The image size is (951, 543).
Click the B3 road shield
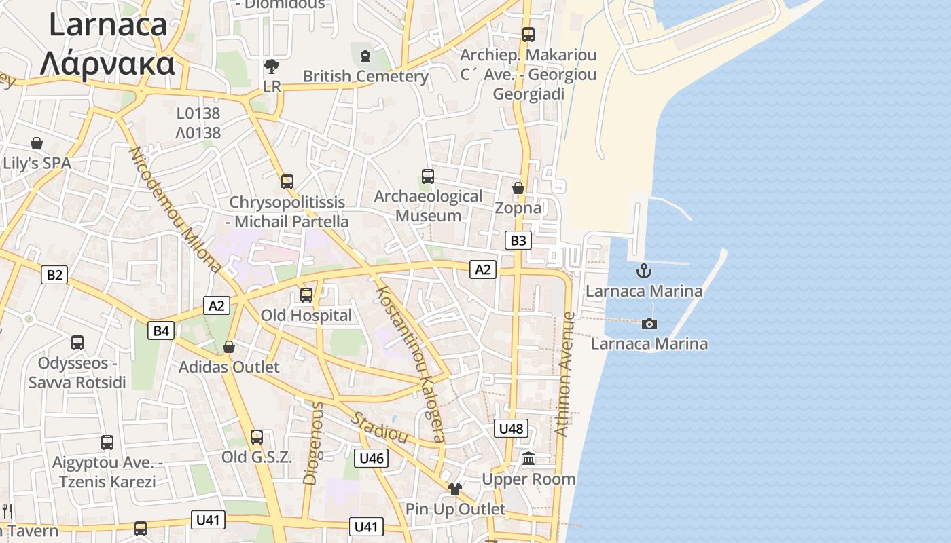coord(518,240)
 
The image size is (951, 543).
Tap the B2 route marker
coord(54,275)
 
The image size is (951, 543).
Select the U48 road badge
coord(511,428)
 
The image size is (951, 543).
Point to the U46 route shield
coord(372,458)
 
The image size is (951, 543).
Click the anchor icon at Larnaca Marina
coord(643,271)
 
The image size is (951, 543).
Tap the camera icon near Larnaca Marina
coord(649,324)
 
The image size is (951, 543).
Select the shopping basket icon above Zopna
coord(518,188)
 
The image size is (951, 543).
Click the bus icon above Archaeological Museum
coord(428,176)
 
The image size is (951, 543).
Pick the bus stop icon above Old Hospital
coord(306,295)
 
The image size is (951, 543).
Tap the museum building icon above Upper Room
coord(528,460)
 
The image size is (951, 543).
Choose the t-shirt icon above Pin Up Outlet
coord(455,489)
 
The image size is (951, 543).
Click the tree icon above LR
coord(272,67)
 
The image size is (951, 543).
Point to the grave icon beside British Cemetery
coord(366,55)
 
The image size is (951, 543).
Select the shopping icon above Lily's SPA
coord(37,143)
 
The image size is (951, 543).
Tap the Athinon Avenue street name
coord(565,373)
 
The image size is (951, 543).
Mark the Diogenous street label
coord(314,443)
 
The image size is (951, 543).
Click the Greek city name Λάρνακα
coord(107,64)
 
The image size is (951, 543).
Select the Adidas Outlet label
coord(229,367)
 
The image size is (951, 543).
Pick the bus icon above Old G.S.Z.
coord(257,437)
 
